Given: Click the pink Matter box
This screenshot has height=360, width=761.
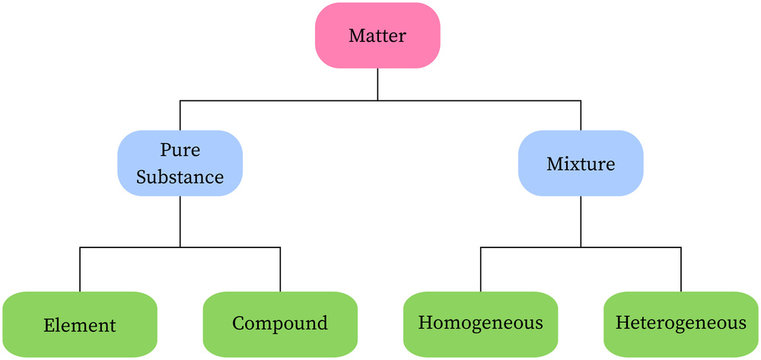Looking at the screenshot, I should pos(378,36).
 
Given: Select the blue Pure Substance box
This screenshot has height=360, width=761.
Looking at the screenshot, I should pos(180,163).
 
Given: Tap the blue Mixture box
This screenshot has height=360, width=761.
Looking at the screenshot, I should pos(579,163).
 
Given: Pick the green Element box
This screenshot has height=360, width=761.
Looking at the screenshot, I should pos(80,324).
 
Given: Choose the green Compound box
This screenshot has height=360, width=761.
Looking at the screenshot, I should pos(280,324).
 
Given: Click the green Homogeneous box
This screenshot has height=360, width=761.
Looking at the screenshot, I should pos(480,324).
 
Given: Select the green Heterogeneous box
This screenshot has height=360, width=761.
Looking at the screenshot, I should pos(681,324).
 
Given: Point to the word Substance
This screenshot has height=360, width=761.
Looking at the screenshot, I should pos(180,178).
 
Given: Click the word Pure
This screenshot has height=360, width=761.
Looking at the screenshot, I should pos(180,150).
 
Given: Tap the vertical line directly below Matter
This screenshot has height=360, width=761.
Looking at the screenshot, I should pos(378,85).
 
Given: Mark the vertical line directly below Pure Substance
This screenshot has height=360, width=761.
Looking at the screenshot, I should pos(180,221).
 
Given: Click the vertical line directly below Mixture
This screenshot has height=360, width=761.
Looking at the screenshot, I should pos(580,221).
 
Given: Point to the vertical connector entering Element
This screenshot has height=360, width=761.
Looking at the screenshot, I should pos(80,269).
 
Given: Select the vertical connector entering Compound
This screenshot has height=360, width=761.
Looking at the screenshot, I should pos(280,269).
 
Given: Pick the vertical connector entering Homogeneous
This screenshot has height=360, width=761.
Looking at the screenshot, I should pos(480,269).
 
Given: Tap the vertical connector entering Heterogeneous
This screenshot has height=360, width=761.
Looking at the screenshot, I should pos(681,269).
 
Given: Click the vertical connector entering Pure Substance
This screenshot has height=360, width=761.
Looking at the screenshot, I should pos(180,115).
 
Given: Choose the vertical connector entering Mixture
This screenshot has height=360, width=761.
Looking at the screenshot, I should pos(580,115).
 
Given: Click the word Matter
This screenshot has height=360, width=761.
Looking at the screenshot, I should pos(378,36).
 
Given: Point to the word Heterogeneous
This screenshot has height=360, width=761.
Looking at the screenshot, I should pos(681,324).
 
